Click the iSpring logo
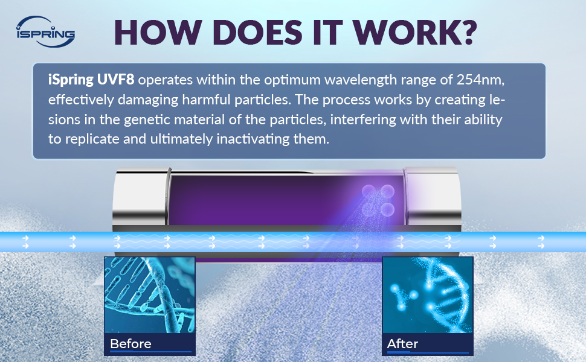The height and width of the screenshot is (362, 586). click(45, 32)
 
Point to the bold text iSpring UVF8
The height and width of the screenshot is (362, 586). click(91, 80)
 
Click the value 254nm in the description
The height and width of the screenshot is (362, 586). click(480, 80)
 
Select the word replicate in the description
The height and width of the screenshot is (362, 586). click(93, 139)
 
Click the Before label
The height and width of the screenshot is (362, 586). click(131, 344)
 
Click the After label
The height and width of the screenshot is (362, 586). click(402, 344)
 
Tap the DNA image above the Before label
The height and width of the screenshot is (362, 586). click(149, 295)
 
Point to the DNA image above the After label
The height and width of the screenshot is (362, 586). click(428, 295)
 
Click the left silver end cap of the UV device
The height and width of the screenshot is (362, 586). click(141, 198)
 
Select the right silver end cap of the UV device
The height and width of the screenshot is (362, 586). click(432, 198)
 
